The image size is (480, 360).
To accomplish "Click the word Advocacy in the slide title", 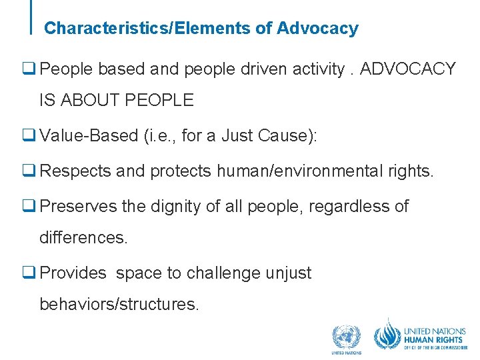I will (x=317, y=29).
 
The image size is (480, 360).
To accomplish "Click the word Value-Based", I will (x=89, y=137).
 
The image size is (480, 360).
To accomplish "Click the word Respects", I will (x=75, y=171).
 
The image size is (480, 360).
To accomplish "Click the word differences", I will (x=83, y=238).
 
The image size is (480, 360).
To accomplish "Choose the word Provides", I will (x=73, y=273).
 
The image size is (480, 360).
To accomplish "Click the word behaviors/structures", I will (x=119, y=305).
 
